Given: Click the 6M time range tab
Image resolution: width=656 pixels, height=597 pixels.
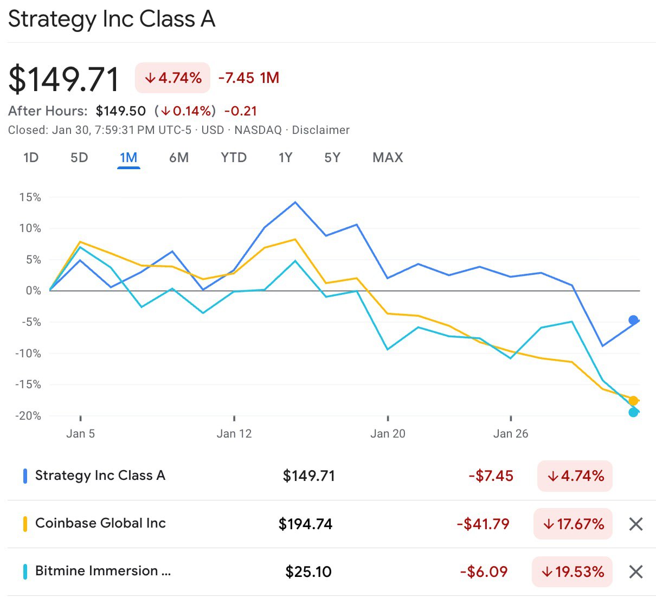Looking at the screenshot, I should (x=178, y=158).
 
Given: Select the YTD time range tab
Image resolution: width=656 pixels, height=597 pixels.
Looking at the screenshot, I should (x=233, y=158).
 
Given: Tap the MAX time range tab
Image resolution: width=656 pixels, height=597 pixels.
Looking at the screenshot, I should (x=388, y=158).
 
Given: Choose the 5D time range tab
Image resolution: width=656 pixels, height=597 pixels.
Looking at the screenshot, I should (x=79, y=158).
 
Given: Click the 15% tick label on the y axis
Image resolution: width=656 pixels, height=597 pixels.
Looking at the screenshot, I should (x=30, y=197).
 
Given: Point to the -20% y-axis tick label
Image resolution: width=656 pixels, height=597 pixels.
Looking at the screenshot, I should (x=28, y=416).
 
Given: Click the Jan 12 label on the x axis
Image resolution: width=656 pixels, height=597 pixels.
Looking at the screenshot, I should (x=234, y=434).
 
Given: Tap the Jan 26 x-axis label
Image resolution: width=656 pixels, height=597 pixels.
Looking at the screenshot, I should (x=511, y=434).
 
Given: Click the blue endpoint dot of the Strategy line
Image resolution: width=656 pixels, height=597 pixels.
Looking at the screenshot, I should (x=633, y=320).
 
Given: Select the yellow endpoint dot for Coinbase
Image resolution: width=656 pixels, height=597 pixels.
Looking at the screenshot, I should (x=633, y=401).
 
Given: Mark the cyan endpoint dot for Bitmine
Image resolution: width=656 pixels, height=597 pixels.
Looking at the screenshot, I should (x=633, y=413).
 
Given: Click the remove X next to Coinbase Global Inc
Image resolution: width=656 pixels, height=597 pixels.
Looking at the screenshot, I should (x=636, y=524).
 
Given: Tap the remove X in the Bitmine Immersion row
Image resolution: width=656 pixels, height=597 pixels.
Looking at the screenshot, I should (x=636, y=572).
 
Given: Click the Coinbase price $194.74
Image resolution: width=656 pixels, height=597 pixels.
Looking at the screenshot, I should (x=305, y=524).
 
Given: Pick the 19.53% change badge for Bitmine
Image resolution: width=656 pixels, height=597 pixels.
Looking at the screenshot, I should (x=573, y=572).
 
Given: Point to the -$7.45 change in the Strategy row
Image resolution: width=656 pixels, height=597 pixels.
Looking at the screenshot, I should (x=491, y=476).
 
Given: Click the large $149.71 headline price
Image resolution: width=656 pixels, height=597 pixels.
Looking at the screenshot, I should (x=64, y=79).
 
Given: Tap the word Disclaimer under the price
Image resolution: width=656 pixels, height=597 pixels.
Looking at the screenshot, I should (x=320, y=130).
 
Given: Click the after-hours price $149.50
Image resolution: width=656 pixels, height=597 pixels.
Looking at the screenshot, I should (x=121, y=111).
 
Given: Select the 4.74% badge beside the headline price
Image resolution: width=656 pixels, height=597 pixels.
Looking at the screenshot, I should (x=172, y=78).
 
